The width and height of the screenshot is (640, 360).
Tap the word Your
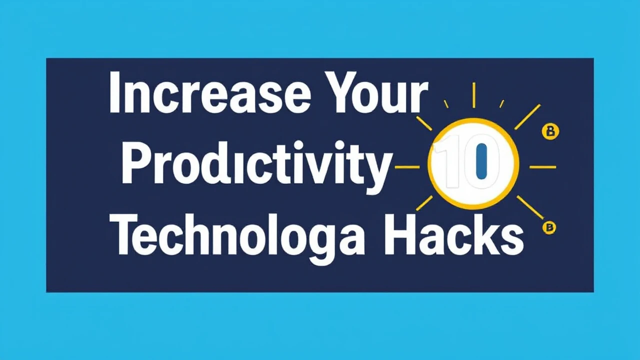pyautogui.click(x=374, y=92)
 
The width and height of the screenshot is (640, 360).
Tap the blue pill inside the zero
pyautogui.click(x=481, y=161)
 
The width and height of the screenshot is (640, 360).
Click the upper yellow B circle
pyautogui.click(x=550, y=131)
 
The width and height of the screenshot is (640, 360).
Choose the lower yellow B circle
pyautogui.click(x=549, y=227)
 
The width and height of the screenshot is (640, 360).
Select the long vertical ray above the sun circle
pyautogui.click(x=474, y=95)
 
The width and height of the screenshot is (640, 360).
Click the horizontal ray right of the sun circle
pyautogui.click(x=542, y=167)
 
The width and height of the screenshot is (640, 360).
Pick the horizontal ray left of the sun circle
pyautogui.click(x=407, y=167)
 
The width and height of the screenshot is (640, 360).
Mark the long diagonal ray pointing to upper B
pyautogui.click(x=527, y=116)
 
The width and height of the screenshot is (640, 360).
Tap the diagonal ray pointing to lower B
pyautogui.click(x=529, y=207)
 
